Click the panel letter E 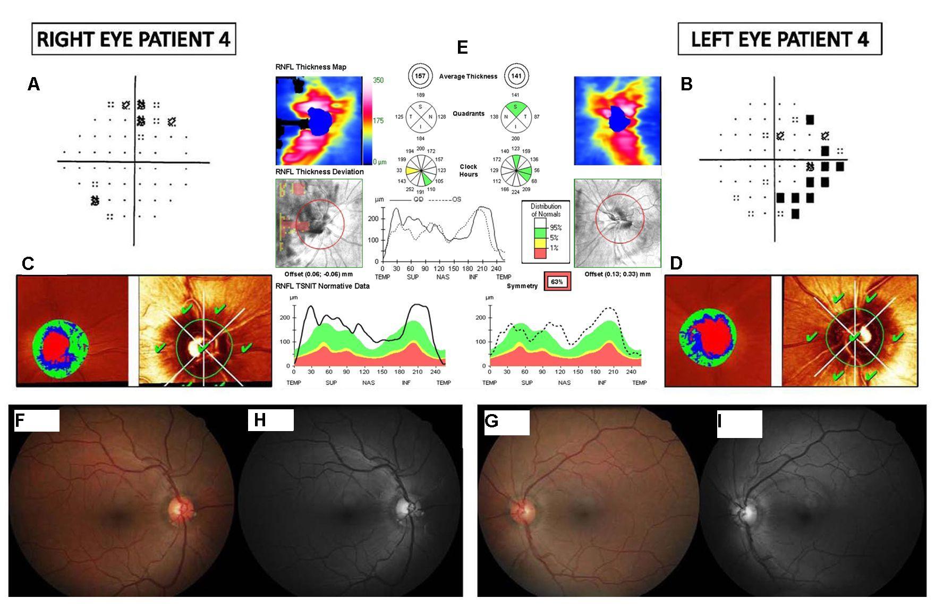pos(462,47)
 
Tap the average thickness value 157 pos(420,76)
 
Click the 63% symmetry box pos(556,282)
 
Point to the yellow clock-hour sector pos(412,172)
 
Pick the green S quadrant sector pos(515,108)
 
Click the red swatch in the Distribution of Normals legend pos(540,253)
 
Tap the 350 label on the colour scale pos(378,80)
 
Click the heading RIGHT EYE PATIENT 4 pos(133,39)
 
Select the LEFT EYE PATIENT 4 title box pos(779,39)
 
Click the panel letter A pos(33,84)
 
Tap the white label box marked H pos(270,420)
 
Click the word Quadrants pos(468,114)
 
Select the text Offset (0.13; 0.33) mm pos(617,274)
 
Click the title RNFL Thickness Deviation pos(319,172)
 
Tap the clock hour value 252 pos(410,189)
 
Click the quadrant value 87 pos(537,117)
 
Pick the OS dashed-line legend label pos(456,199)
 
